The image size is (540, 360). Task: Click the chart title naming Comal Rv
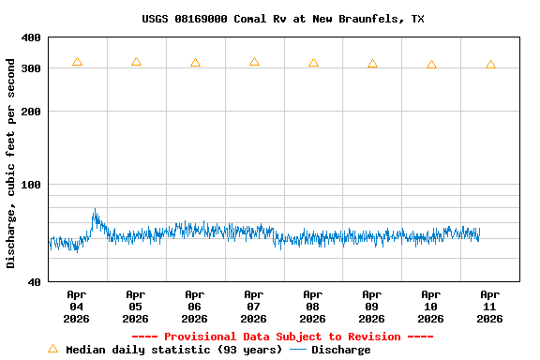pos(283,19)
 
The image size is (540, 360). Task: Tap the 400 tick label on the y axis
pos(31,38)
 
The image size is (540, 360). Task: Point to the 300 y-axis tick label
pos(31,69)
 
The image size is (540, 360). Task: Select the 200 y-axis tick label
pos(31,112)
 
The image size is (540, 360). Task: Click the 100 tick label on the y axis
pos(31,185)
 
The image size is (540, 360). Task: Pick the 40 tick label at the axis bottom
pos(34,282)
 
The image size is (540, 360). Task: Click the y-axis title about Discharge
pos(11,163)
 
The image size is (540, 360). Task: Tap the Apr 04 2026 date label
pos(77,307)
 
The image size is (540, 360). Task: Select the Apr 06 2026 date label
pos(194,307)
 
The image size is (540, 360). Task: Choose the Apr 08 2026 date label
pos(312,307)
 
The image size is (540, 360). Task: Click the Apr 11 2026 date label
pos(489,307)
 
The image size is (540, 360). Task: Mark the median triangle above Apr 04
pos(77,62)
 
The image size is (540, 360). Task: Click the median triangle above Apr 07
pos(254,62)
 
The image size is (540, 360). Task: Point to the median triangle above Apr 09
pos(372,64)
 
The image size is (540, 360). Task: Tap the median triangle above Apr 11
pos(490,65)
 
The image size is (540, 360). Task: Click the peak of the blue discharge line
pos(94,210)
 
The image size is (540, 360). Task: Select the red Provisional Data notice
pos(282,337)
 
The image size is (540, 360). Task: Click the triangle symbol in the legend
pos(52,350)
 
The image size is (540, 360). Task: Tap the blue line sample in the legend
pos(298,350)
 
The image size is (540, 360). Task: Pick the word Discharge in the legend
pos(340,350)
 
